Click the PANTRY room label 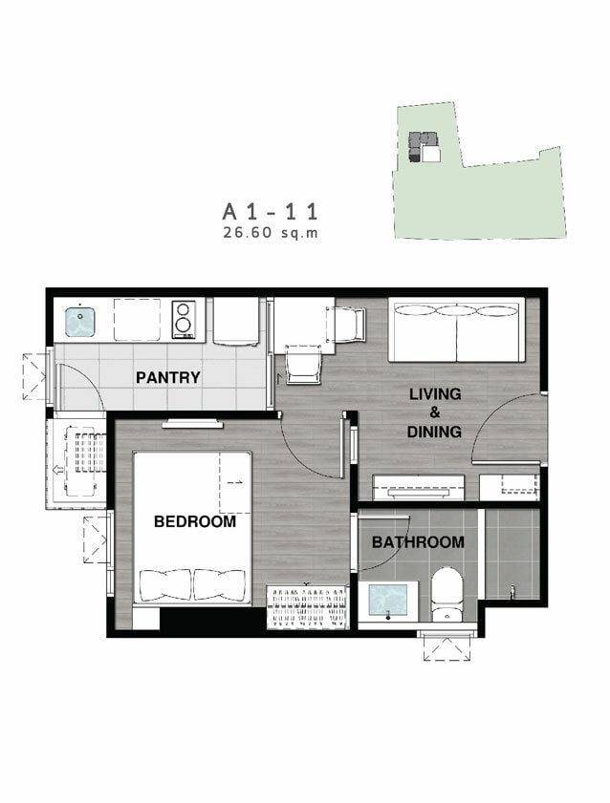(167, 377)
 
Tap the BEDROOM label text (195, 521)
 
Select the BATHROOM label (418, 541)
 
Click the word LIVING (435, 393)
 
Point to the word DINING (434, 432)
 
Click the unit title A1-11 (271, 212)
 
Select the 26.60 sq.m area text (271, 233)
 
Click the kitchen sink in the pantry (80, 322)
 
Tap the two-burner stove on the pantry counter (184, 320)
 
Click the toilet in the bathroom (447, 594)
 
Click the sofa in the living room (457, 329)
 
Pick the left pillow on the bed (165, 585)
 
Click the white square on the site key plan (431, 154)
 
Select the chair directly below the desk (303, 365)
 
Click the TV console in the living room (418, 487)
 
